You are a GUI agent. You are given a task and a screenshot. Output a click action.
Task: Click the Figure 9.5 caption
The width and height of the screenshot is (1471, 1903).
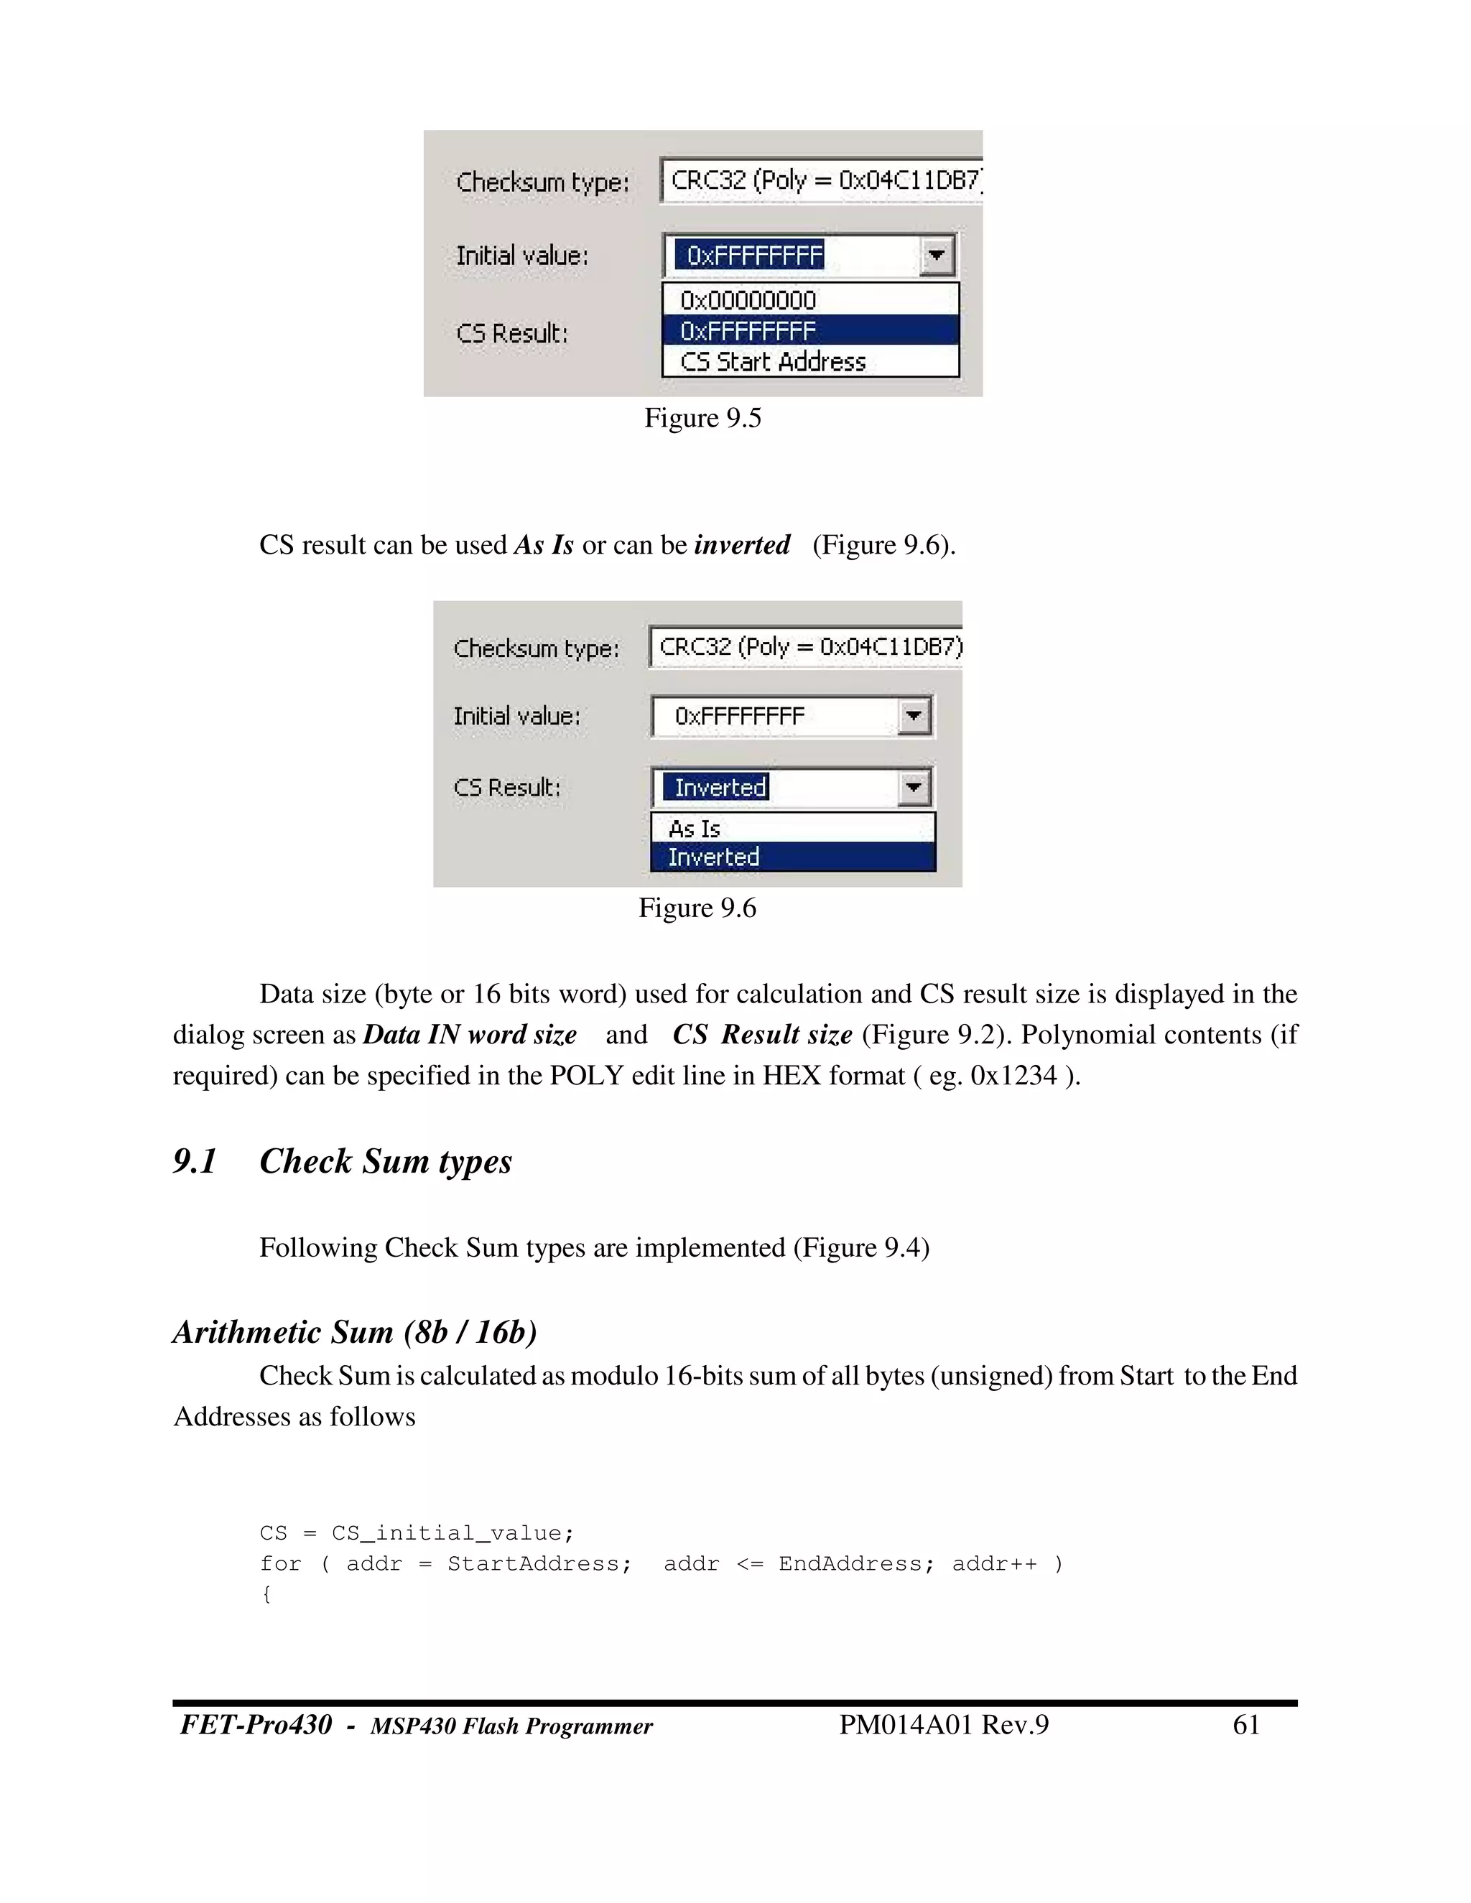click(x=702, y=418)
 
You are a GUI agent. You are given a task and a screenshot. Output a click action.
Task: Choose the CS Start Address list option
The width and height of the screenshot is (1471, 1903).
click(x=772, y=362)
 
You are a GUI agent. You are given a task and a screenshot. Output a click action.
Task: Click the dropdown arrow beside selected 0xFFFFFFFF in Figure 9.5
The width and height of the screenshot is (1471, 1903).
click(x=937, y=256)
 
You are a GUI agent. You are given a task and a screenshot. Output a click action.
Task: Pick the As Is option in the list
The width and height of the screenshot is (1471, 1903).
click(x=695, y=828)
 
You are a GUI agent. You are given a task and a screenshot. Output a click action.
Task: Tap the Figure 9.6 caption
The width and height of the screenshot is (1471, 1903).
click(x=697, y=908)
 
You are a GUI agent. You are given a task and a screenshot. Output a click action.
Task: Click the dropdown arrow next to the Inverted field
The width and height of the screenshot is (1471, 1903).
click(x=914, y=788)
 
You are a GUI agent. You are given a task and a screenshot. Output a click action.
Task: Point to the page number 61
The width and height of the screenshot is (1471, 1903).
click(x=1246, y=1724)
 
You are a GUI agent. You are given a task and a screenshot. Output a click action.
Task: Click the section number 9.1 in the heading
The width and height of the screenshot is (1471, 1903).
click(x=195, y=1161)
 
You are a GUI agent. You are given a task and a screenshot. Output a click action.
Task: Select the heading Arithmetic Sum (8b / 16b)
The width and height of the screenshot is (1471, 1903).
click(x=355, y=1332)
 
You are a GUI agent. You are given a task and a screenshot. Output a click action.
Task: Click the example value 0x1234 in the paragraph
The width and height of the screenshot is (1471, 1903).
click(x=1013, y=1075)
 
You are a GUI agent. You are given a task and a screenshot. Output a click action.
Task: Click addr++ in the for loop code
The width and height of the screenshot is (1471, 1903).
click(x=994, y=1563)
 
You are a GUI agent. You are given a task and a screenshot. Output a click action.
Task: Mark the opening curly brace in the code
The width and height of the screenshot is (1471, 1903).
click(x=266, y=1593)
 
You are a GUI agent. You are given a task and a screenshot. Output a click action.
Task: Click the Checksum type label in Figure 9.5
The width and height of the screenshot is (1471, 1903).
click(x=542, y=182)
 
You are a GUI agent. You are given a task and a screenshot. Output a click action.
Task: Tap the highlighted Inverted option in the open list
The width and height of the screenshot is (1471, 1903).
click(x=714, y=857)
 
